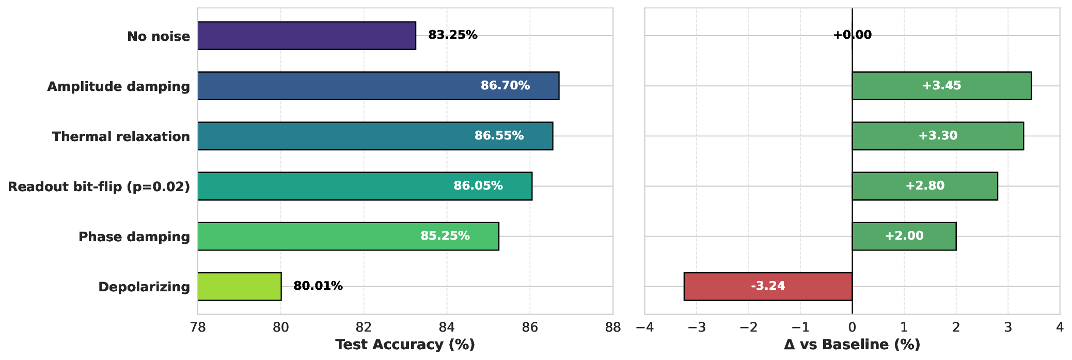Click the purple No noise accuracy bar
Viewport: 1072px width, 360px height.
tap(307, 36)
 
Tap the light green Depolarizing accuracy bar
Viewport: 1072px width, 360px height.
tap(240, 287)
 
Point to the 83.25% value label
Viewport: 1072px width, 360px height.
tap(453, 35)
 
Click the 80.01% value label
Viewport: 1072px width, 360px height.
tap(318, 286)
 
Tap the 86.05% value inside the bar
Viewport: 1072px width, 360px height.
tap(478, 186)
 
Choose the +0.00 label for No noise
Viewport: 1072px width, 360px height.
tap(852, 35)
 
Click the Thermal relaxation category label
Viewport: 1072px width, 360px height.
tap(121, 136)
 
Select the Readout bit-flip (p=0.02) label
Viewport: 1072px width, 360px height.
tap(99, 186)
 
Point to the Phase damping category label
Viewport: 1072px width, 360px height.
tap(134, 237)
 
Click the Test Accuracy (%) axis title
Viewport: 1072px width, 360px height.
tap(405, 345)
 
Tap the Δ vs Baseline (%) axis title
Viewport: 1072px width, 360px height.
tap(852, 345)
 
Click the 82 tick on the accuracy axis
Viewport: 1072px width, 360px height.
tap(364, 327)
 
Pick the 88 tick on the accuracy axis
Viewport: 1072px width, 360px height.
tap(613, 327)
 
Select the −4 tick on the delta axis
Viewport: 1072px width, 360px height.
tap(644, 327)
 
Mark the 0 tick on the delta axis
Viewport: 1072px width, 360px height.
tap(852, 327)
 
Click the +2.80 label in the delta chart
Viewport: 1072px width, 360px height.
tap(925, 186)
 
